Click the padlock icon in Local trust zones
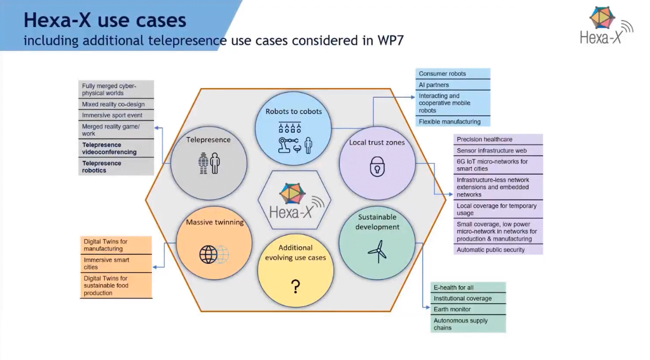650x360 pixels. [377, 167]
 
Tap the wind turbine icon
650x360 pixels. [377, 251]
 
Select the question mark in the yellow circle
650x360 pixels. [296, 287]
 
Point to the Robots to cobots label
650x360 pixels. [294, 112]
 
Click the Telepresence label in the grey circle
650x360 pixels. [208, 140]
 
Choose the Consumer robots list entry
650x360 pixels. [442, 74]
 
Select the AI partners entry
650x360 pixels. [434, 85]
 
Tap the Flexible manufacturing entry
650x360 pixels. [449, 122]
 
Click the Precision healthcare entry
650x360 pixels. [484, 139]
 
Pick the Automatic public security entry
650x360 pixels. [491, 250]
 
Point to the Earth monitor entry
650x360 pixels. [452, 309]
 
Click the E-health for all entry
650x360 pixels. [454, 287]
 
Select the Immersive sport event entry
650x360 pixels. [112, 115]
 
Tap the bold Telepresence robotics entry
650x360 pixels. [102, 167]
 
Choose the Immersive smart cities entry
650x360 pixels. [106, 263]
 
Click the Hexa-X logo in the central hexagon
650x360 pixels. [294, 201]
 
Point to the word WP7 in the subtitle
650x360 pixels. [390, 40]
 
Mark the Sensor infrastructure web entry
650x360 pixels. [492, 150]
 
